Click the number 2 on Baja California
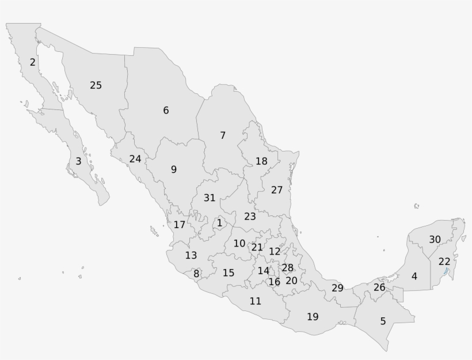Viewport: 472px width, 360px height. (x=33, y=62)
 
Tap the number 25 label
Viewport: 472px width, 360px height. (x=96, y=85)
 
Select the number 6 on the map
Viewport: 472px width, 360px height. (x=166, y=110)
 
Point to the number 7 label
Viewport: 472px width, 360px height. (x=223, y=135)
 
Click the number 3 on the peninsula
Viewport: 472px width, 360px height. (x=78, y=161)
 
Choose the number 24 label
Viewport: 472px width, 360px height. (x=135, y=158)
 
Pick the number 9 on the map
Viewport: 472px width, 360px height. (x=173, y=169)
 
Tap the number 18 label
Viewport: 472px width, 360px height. (x=261, y=161)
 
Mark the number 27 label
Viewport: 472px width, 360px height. (x=277, y=190)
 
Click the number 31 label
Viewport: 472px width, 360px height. (x=210, y=198)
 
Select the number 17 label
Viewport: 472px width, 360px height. (x=180, y=225)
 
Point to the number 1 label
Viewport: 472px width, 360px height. (x=219, y=223)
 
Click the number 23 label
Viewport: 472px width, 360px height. (x=250, y=217)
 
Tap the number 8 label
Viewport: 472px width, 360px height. (x=196, y=274)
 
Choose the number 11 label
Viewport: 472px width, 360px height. (x=256, y=301)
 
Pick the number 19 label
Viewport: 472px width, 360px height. (x=313, y=316)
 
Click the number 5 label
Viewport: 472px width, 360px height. (x=383, y=321)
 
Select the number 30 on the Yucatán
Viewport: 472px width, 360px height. (x=435, y=239)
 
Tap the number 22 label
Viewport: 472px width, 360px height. (x=444, y=262)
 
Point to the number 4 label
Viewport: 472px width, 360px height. (x=414, y=276)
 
